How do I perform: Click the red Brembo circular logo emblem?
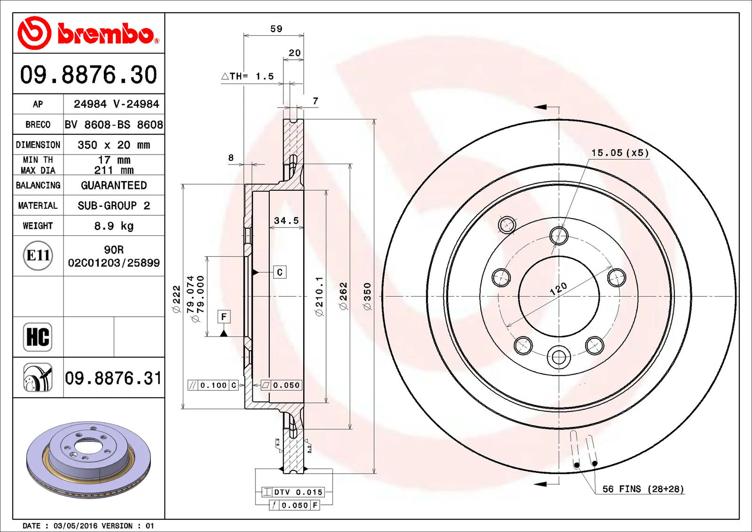(34, 33)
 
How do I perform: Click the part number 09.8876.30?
(89, 75)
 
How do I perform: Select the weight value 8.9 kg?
(114, 226)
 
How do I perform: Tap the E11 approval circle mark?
(38, 256)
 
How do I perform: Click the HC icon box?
(38, 337)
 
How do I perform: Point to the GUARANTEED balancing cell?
(114, 185)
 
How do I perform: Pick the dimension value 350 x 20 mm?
(114, 145)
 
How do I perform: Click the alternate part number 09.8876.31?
(113, 378)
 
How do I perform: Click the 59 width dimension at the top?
(276, 29)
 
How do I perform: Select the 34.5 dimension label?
(286, 220)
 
